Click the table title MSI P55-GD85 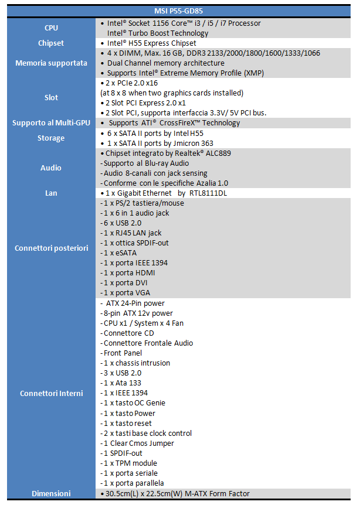(x=180, y=11)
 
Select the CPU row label (x=51, y=28)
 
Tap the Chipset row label (x=51, y=43)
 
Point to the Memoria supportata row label (x=51, y=63)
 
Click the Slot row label (x=51, y=97)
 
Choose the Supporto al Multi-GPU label (x=51, y=123)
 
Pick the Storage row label (x=51, y=138)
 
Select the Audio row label (x=51, y=168)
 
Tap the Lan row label (x=51, y=193)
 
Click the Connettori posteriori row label (x=51, y=248)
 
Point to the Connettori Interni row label (x=51, y=393)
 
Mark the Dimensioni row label (x=51, y=493)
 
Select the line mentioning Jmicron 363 (x=159, y=143)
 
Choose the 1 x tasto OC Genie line (x=134, y=402)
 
